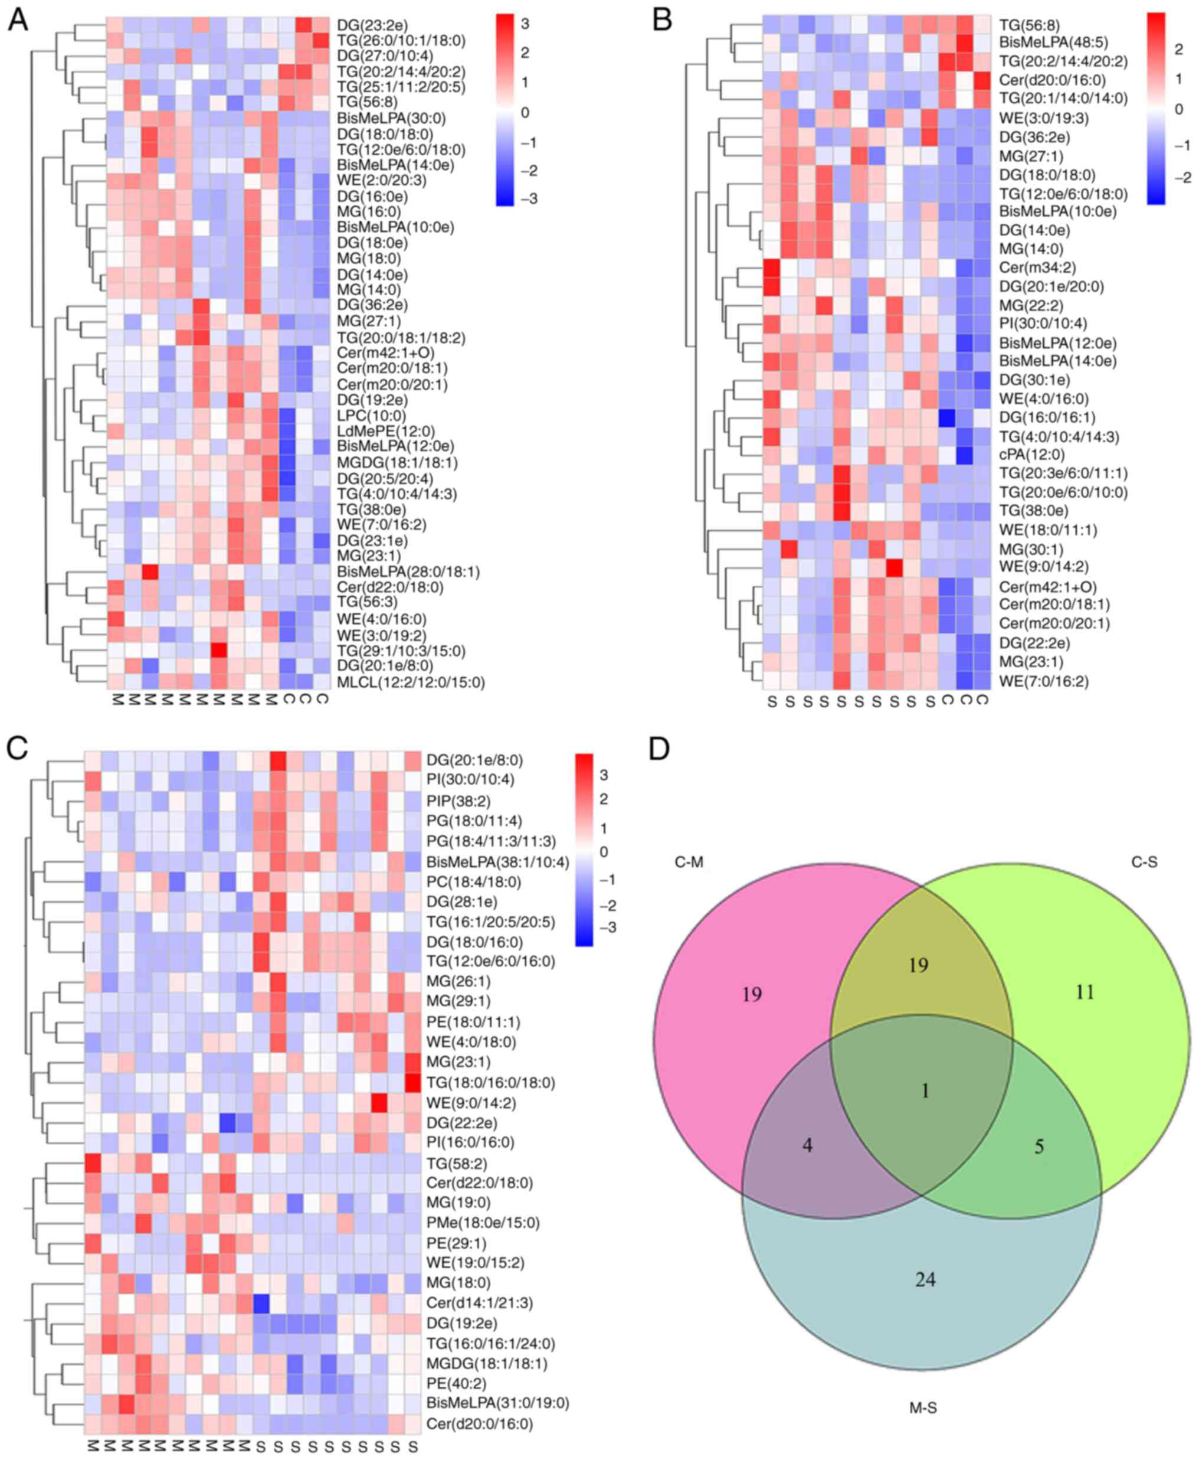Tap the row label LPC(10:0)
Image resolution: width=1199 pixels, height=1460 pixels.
372,416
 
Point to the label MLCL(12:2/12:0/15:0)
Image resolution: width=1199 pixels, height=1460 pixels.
411,682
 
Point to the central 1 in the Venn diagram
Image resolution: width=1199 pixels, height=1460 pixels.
925,1091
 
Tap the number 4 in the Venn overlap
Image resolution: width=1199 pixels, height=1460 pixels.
807,1145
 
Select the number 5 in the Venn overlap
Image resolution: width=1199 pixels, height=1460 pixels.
1039,1147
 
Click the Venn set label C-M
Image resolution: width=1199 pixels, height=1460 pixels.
689,863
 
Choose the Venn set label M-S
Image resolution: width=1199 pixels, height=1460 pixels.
923,1407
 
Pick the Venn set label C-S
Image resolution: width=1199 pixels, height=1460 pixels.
1144,863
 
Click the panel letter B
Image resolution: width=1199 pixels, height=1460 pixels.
663,21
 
